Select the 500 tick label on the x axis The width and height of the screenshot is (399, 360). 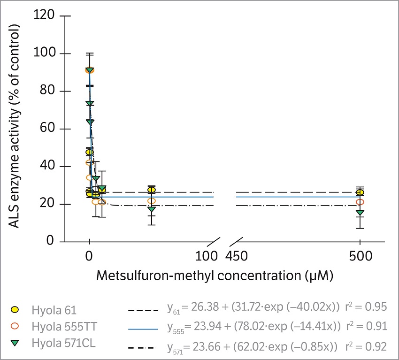[360, 256]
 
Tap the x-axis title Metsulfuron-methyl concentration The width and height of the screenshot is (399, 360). [215, 276]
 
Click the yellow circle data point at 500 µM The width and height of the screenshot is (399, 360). [360, 192]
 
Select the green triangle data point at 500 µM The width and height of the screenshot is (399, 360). [360, 213]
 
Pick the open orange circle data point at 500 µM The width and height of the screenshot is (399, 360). [360, 202]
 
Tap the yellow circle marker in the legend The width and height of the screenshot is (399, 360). [16, 311]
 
